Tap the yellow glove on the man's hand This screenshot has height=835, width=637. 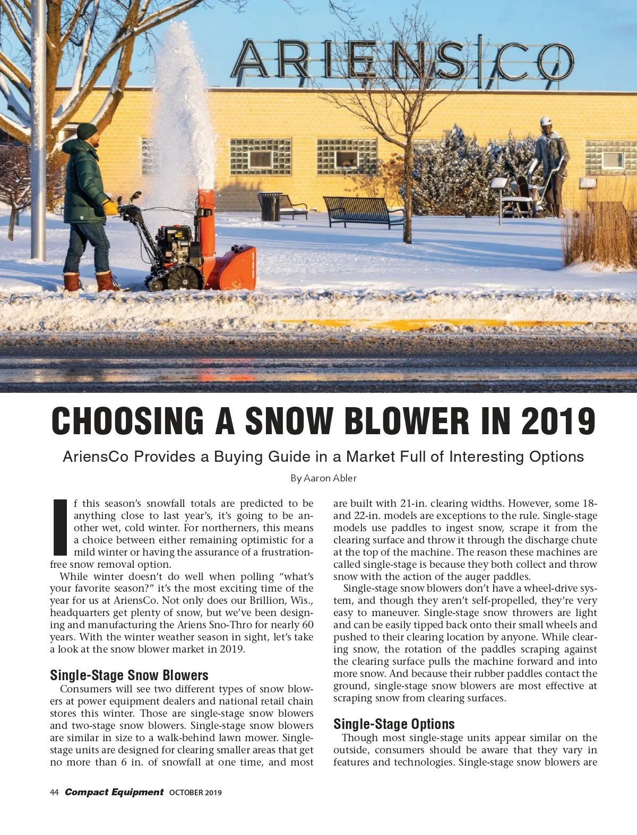(110, 206)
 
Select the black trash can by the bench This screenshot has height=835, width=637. (269, 207)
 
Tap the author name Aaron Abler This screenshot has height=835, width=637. (330, 478)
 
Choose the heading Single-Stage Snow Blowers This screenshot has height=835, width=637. (129, 675)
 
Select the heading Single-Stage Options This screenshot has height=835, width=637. (394, 724)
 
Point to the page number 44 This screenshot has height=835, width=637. (54, 793)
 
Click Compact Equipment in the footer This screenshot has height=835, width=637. (114, 792)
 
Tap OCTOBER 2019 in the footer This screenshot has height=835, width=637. (195, 793)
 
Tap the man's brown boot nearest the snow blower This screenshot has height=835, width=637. (108, 281)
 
